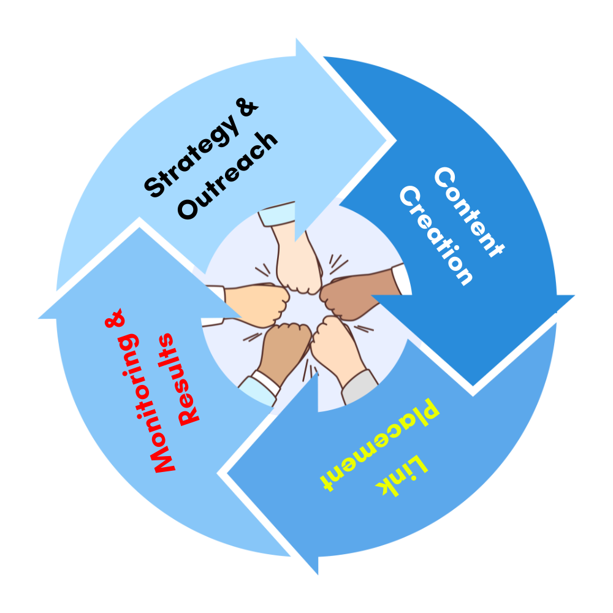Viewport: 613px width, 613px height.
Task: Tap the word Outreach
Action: click(x=227, y=176)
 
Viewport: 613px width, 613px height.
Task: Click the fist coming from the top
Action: click(x=299, y=270)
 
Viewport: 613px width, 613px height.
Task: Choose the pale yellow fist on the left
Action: click(x=261, y=305)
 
